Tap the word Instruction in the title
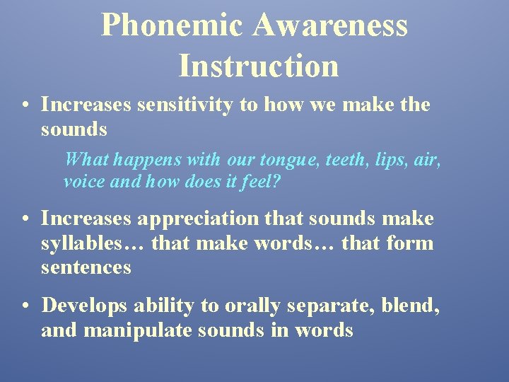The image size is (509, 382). (259, 65)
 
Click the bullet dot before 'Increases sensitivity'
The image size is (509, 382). (25, 105)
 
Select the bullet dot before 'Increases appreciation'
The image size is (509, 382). (25, 220)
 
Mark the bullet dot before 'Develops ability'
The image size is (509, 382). (25, 306)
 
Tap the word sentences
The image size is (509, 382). (86, 267)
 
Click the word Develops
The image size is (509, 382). (84, 306)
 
